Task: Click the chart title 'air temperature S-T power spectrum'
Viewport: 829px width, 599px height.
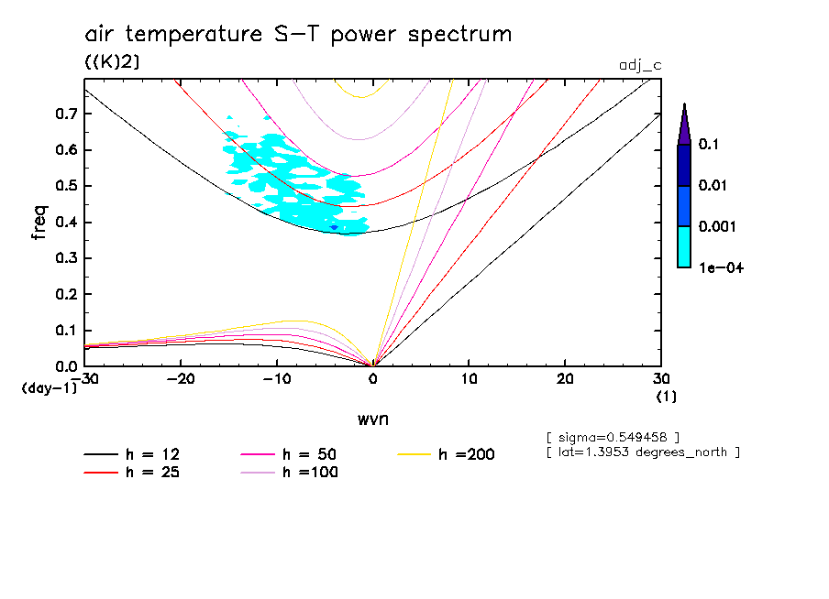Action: [x=298, y=35]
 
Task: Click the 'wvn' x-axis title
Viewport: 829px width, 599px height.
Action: [x=372, y=419]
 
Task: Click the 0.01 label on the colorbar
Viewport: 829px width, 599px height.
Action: [x=713, y=186]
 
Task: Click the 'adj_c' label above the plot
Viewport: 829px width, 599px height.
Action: [x=637, y=63]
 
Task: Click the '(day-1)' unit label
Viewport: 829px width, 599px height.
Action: [x=49, y=388]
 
